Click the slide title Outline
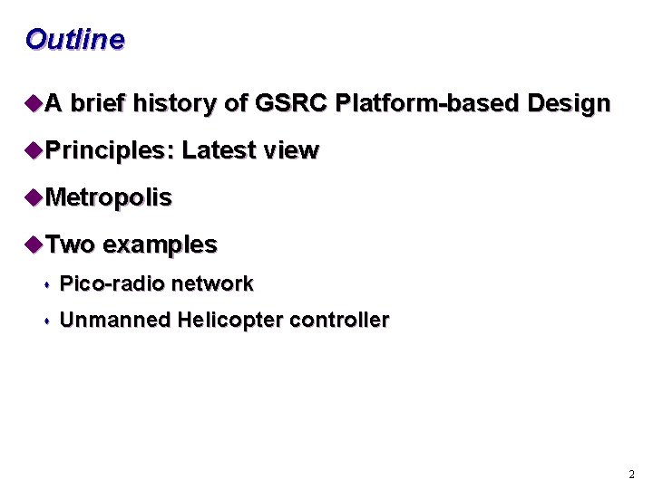pos(74,40)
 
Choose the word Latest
pos(218,151)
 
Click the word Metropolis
pos(108,198)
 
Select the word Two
pos(70,245)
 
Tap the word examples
pos(161,245)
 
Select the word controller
pos(339,321)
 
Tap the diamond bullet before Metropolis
pos(34,197)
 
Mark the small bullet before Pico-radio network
pos(46,285)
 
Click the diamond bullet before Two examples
pos(34,244)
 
